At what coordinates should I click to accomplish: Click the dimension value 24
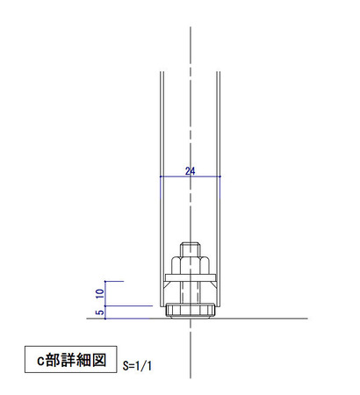189,171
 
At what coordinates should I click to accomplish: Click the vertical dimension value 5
99,311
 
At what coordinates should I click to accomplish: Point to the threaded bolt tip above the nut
190,247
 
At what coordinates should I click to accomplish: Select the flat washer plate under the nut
190,279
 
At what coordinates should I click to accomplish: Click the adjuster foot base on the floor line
190,311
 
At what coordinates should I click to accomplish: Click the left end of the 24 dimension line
159,177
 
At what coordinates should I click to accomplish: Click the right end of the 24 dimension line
220,177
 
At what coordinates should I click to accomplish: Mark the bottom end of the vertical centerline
190,377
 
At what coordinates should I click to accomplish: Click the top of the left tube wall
159,72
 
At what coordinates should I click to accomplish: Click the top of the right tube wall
220,72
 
